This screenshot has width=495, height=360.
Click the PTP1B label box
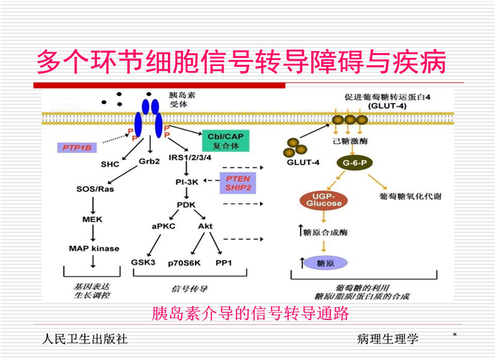[x=78, y=148]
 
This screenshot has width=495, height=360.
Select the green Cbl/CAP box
[x=225, y=139]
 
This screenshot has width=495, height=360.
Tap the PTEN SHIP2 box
[x=237, y=183]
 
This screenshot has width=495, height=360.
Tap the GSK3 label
[x=142, y=262]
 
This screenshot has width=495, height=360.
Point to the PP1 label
[x=224, y=262]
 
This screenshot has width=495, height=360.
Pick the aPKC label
[x=163, y=224]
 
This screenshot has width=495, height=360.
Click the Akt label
[x=205, y=224]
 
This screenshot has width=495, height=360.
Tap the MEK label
[x=91, y=219]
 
